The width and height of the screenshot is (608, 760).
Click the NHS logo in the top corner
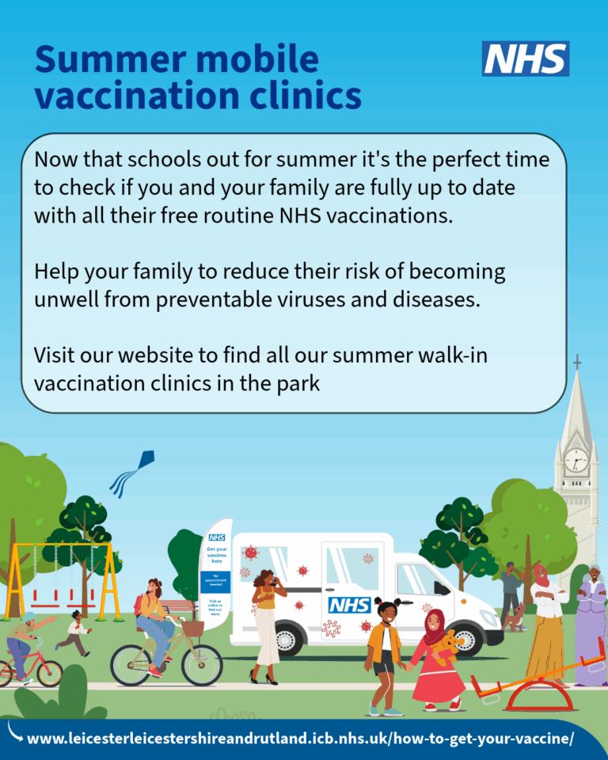(526, 59)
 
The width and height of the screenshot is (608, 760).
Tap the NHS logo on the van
(349, 605)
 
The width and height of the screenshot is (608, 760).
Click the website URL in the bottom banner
(300, 739)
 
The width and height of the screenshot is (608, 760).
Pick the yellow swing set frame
(60, 566)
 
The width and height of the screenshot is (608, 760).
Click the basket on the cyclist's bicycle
(193, 628)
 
